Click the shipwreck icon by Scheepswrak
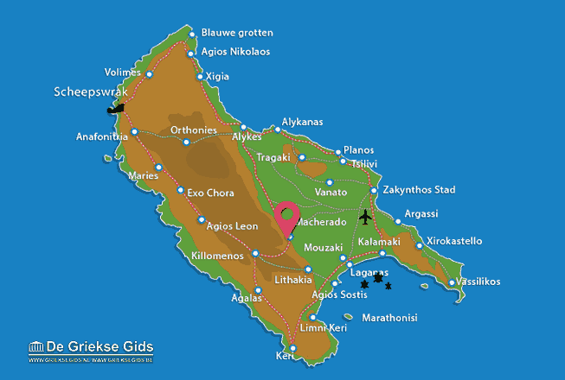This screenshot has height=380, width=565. pos(115,109)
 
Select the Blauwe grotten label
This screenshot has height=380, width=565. pos(236,33)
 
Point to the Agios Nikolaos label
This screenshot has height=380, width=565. pos(234,52)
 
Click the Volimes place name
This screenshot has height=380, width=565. pos(122,73)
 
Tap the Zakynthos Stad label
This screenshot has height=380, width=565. pos(420,190)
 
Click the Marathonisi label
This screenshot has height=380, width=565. pos(389,318)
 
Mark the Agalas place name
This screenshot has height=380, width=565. pos(247,298)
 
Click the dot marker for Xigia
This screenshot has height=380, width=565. pos(201,77)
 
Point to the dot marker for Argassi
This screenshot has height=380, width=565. pos(399,221)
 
